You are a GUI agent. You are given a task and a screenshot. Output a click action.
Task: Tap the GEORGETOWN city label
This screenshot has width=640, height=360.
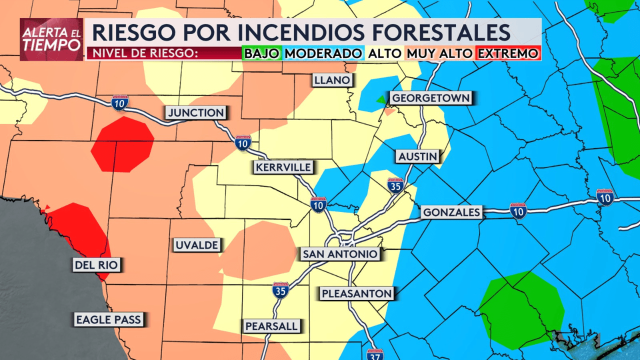click(x=430, y=97)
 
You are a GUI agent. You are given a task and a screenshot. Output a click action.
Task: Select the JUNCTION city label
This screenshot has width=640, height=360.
click(x=196, y=112)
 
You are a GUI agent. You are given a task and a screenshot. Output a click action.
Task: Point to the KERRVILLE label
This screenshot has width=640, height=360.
click(x=283, y=166)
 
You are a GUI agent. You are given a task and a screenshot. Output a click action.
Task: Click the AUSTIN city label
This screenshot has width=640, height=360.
click(x=417, y=156)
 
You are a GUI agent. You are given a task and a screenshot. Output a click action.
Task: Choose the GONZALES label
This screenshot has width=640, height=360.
click(x=451, y=212)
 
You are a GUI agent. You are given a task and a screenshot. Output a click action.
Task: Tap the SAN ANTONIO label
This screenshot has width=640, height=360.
click(x=340, y=254)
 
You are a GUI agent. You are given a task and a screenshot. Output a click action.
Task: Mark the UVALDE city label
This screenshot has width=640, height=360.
click(x=196, y=245)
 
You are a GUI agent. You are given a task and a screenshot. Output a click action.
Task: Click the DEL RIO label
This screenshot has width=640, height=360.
click(x=97, y=265)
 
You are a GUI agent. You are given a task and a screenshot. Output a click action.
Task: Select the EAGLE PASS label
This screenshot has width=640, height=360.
click(x=108, y=319)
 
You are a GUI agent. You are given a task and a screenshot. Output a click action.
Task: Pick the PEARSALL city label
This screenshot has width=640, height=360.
click(x=271, y=326)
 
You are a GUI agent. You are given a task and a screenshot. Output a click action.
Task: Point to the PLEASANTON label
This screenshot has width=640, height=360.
click(x=357, y=293)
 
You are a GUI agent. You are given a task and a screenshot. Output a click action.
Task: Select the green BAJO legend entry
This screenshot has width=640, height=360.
click(x=261, y=53)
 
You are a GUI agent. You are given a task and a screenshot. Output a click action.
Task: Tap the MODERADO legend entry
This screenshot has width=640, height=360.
click(x=323, y=53)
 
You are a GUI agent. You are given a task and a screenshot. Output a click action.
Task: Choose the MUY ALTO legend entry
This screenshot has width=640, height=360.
click(x=439, y=53)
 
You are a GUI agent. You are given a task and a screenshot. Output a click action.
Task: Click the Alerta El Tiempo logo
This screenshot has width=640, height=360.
click(x=51, y=39)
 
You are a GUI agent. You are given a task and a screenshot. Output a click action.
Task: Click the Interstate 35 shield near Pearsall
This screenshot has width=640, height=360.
click(x=281, y=290)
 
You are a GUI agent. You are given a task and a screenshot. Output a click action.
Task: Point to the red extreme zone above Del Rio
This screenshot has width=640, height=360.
click(x=122, y=144)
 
